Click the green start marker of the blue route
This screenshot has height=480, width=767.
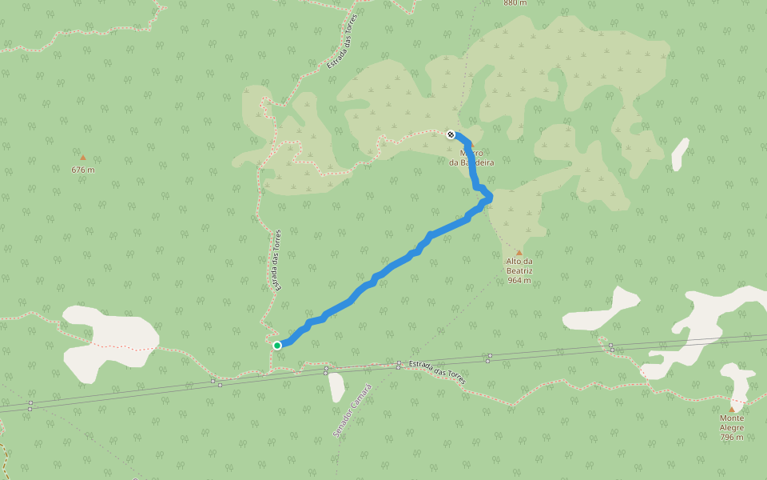[277, 346]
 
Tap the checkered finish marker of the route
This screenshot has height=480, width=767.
[451, 134]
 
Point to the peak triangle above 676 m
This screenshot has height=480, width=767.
[82, 158]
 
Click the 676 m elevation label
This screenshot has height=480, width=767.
[82, 170]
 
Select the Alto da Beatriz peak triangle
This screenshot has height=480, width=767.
[519, 252]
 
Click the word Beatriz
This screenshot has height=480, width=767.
[519, 270]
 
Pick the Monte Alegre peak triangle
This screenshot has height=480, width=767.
[731, 409]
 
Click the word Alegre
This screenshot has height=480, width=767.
[731, 427]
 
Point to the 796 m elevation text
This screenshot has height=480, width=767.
[731, 437]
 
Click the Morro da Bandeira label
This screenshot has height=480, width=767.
[471, 158]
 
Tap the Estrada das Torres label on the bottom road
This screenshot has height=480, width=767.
[436, 370]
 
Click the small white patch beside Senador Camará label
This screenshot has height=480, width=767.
[336, 387]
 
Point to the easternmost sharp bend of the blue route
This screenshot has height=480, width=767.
[489, 197]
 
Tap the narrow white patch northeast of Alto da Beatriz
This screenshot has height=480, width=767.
[679, 154]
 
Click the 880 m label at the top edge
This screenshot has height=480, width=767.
[515, 3]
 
